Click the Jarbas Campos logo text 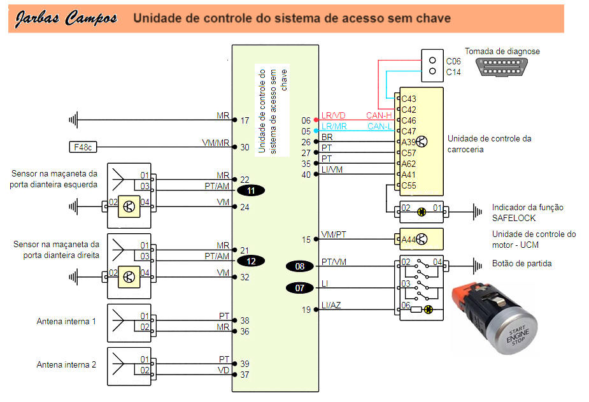(x=66, y=18)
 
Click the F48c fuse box (x=82, y=148)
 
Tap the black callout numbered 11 (x=251, y=190)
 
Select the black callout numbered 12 (x=251, y=261)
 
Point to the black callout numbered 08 (x=300, y=266)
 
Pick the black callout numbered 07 (x=300, y=288)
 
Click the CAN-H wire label (x=378, y=115)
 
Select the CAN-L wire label (x=380, y=126)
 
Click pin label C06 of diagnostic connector (x=453, y=61)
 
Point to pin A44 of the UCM (x=408, y=240)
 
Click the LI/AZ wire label (x=332, y=306)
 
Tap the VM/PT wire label (x=334, y=235)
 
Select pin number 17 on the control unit (x=245, y=120)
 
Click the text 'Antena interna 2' (x=66, y=365)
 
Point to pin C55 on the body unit (x=408, y=185)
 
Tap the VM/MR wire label (x=216, y=143)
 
